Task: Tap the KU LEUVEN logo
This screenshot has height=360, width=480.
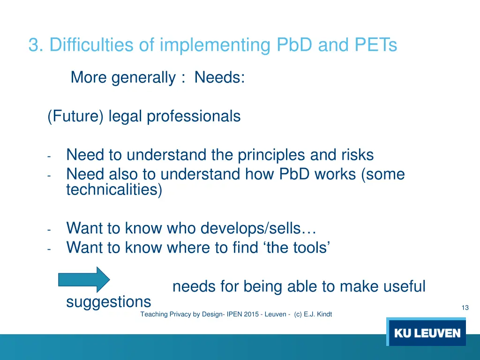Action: (427, 333)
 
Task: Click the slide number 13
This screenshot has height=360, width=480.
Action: (465, 308)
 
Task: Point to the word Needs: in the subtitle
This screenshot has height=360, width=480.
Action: (219, 77)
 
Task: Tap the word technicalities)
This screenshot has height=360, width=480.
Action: (114, 190)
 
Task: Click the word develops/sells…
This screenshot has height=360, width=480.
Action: (258, 228)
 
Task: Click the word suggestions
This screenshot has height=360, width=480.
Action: (108, 302)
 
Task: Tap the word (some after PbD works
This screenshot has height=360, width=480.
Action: (383, 174)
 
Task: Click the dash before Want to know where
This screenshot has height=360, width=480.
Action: (49, 249)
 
